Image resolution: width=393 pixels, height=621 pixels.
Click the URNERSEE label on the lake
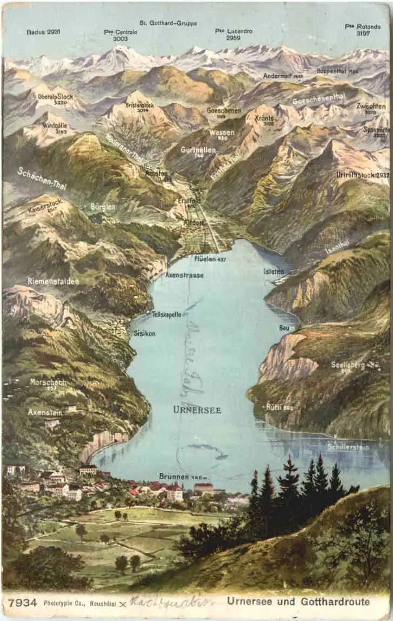197,410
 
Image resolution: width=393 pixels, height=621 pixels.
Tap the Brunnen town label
174,477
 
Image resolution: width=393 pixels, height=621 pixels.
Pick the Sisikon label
144,334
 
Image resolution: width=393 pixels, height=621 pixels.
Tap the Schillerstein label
348,447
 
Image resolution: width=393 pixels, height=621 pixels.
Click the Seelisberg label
348,365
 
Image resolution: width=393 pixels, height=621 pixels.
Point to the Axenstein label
45,412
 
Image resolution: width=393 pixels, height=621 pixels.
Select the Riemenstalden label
53,282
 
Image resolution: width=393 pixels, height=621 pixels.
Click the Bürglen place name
103,207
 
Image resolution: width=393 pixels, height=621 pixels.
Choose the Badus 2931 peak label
43,32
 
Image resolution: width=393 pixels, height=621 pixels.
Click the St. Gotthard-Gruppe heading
168,23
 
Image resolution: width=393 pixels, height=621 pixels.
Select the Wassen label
222,132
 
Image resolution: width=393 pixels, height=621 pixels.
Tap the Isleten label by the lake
274,271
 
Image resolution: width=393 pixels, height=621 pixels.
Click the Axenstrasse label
184,275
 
